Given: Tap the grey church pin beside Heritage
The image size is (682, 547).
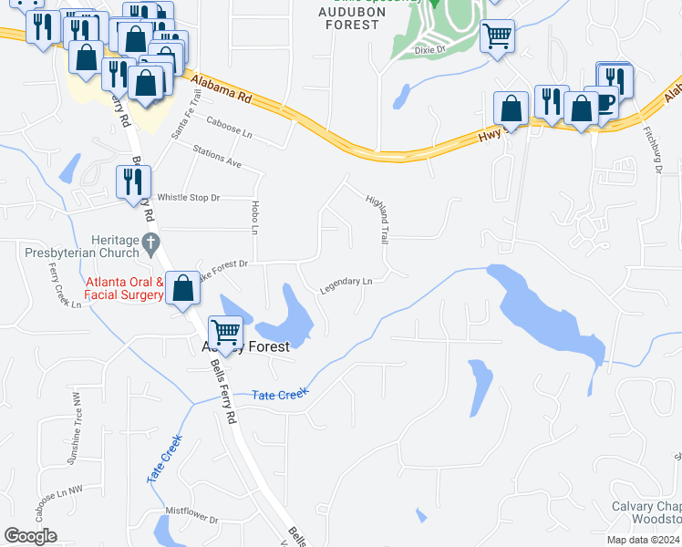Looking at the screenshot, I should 152,242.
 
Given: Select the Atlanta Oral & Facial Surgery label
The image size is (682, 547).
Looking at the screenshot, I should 124,288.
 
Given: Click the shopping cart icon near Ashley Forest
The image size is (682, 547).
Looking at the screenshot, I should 224,332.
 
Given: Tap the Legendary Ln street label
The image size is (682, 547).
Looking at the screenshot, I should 346,285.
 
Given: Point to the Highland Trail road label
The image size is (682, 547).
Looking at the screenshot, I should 377,218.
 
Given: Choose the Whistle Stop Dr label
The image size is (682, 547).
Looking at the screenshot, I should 190,197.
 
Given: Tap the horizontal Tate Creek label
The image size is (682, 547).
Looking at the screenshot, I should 280,392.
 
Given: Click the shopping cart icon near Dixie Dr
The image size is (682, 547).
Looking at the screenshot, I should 497,36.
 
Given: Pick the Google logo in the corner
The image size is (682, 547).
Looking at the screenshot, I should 30,536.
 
